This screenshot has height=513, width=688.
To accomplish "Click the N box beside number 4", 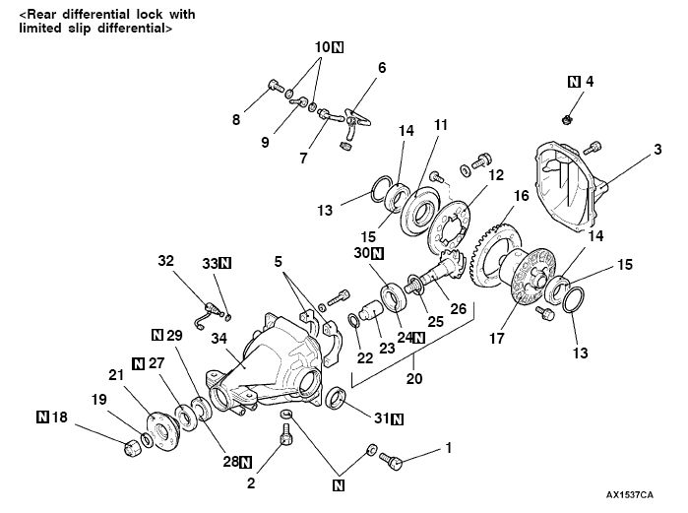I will pyautogui.click(x=575, y=82).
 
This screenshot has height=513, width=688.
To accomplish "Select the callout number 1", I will pyautogui.click(x=448, y=447).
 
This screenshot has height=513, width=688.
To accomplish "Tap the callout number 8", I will pyautogui.click(x=236, y=120).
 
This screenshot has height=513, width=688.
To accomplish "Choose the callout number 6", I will pyautogui.click(x=382, y=68).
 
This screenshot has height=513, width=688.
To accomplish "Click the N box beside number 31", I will pyautogui.click(x=397, y=418).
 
